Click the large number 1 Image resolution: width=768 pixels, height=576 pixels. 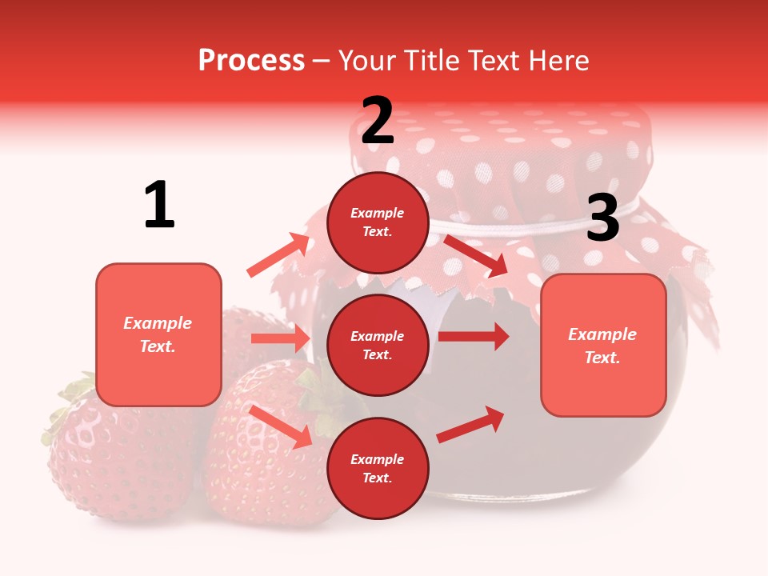(x=159, y=206)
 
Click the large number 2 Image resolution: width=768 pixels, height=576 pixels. (x=378, y=121)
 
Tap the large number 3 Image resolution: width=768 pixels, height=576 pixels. (x=602, y=218)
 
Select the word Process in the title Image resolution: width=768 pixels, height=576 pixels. (x=251, y=60)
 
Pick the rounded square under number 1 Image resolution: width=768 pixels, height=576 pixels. (x=158, y=334)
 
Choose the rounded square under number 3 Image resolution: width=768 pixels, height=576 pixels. (x=603, y=346)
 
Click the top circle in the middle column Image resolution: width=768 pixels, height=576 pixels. (x=378, y=222)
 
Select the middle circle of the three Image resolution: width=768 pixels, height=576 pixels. (x=378, y=346)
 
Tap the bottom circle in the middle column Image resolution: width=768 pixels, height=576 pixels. (x=378, y=469)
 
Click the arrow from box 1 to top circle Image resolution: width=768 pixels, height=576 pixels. (x=278, y=255)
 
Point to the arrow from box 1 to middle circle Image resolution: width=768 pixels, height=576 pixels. (x=280, y=338)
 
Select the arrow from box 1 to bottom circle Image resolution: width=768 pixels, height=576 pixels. (x=281, y=426)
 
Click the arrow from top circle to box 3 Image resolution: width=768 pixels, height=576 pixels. (x=476, y=255)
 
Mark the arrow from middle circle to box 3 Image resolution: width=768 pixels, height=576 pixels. (x=474, y=336)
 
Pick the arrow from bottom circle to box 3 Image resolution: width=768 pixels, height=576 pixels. (x=470, y=424)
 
